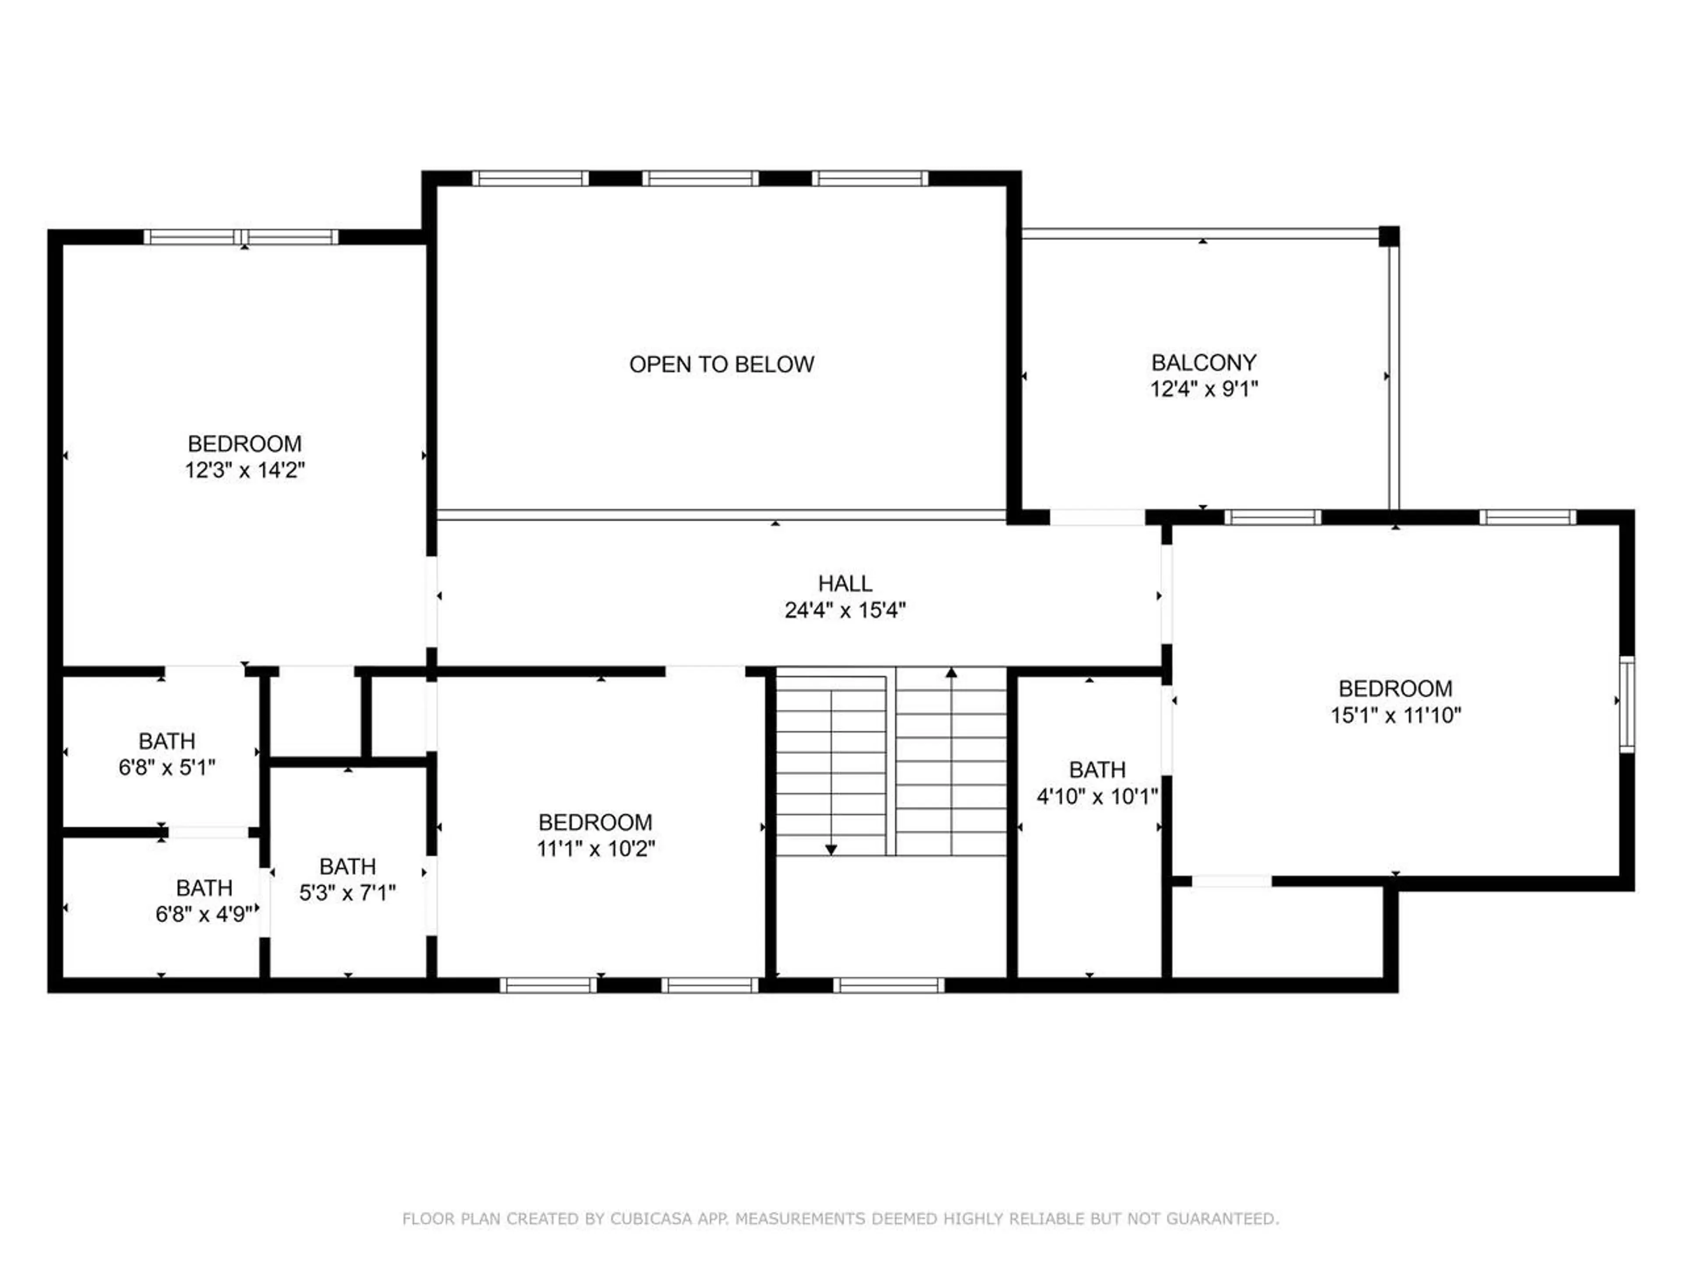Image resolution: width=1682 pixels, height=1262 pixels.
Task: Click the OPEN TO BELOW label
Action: coord(721,365)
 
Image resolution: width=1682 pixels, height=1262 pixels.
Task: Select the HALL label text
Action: coord(845,584)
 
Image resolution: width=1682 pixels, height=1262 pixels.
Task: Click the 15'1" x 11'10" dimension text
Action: coord(1396,715)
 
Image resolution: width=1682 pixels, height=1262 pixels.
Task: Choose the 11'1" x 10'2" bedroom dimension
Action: coord(595,848)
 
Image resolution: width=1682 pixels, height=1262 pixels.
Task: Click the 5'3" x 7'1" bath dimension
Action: coord(347,892)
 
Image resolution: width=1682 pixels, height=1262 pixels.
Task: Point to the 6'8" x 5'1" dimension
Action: coord(166,768)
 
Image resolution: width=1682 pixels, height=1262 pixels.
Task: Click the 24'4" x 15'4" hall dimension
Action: coord(845,610)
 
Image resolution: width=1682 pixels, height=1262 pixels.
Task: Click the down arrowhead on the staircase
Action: coord(831,850)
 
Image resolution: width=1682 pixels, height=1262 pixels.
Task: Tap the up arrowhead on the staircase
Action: coord(951,673)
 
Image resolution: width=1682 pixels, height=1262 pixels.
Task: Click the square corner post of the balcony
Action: coord(1389,236)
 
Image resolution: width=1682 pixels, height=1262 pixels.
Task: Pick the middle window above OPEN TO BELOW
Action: coord(700,179)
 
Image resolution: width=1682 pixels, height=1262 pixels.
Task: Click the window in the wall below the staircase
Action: coord(888,985)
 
